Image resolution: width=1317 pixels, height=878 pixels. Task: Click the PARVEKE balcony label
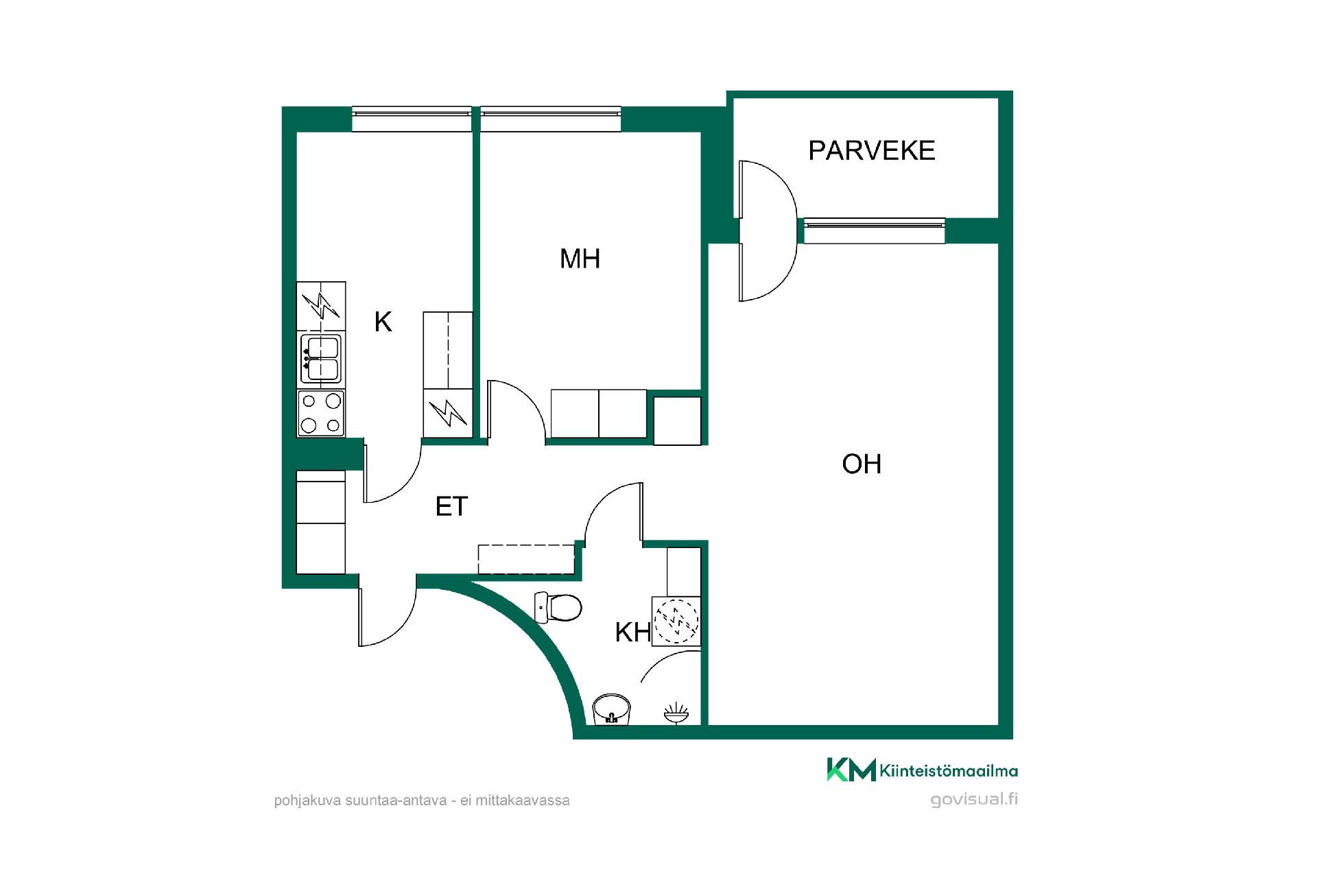pyautogui.click(x=871, y=150)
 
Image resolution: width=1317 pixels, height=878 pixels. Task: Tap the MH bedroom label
pyautogui.click(x=580, y=259)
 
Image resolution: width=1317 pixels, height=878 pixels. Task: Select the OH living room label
pyautogui.click(x=862, y=464)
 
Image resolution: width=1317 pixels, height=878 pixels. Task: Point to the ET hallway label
pyautogui.click(x=451, y=506)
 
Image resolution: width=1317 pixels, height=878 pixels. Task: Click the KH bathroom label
pyautogui.click(x=632, y=632)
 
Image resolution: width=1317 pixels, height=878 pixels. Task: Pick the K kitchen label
pyautogui.click(x=383, y=321)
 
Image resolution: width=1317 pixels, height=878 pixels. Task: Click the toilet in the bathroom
pyautogui.click(x=558, y=607)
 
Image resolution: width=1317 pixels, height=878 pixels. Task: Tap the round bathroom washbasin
pyautogui.click(x=611, y=709)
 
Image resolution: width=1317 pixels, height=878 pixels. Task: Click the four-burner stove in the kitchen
pyautogui.click(x=321, y=413)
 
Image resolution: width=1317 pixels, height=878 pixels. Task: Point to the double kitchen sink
pyautogui.click(x=321, y=359)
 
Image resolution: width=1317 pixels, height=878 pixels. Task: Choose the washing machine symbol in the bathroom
pyautogui.click(x=676, y=621)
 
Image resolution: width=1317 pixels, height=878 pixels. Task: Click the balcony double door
pyautogui.click(x=767, y=230)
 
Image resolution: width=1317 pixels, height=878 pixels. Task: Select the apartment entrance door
pyautogui.click(x=387, y=610)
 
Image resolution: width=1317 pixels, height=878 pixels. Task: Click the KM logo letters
pyautogui.click(x=851, y=770)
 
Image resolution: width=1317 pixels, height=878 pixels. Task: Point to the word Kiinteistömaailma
pyautogui.click(x=949, y=771)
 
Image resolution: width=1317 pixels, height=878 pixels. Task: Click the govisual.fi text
pyautogui.click(x=974, y=799)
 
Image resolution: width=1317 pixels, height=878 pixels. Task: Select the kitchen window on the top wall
pyautogui.click(x=412, y=119)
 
